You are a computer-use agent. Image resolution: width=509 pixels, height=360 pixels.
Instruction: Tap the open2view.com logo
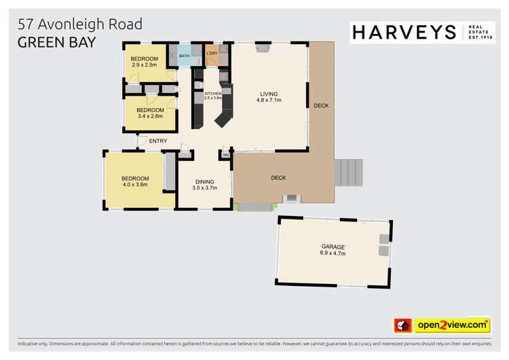pos(453,325)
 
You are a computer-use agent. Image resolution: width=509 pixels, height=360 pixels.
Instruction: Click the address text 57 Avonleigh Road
pos(79,24)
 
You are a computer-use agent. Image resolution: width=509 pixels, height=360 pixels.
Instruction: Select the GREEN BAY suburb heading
pos(56,41)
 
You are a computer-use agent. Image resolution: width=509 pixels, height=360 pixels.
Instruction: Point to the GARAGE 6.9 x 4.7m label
pos(333,250)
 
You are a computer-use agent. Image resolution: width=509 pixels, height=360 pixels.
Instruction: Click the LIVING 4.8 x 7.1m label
pos(269,96)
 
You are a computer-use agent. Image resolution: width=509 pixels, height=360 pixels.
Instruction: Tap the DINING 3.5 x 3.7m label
pos(204,185)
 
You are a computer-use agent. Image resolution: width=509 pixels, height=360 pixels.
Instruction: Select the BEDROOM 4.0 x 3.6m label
pos(135,181)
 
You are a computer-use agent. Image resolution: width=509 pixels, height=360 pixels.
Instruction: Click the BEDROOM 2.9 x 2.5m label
pos(144,62)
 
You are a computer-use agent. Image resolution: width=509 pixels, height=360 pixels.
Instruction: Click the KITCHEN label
pos(213,95)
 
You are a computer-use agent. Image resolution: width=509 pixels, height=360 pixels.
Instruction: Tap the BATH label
pos(184,56)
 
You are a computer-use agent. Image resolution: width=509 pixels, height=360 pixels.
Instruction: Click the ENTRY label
pos(157,141)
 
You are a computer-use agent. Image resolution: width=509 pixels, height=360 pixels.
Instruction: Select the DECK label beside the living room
pos(321,105)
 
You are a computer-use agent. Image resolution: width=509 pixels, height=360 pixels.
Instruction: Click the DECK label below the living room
pos(278,178)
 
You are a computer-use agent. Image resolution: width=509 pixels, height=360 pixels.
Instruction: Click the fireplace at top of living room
pos(262,47)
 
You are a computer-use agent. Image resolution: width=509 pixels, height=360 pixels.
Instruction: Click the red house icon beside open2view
pos(403,325)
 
